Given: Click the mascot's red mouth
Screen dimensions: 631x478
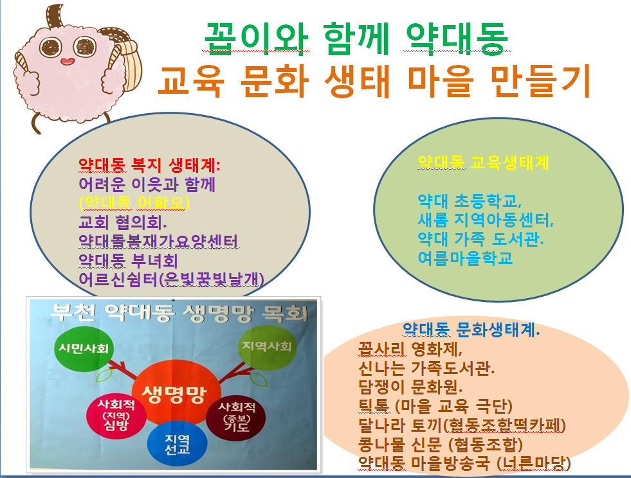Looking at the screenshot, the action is [x=67, y=61].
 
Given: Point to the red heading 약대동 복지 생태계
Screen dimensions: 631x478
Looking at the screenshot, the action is [x=149, y=165].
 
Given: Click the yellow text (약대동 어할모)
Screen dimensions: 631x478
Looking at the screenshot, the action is [x=134, y=203].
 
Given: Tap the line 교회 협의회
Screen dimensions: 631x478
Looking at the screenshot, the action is [x=122, y=222].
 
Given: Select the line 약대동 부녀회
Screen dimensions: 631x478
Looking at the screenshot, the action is [x=128, y=260].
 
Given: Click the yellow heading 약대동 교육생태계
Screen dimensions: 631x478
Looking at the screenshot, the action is [x=483, y=163].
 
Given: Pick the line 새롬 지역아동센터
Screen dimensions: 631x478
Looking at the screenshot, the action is [x=486, y=220].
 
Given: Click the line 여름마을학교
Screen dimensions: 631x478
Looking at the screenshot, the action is [x=465, y=258].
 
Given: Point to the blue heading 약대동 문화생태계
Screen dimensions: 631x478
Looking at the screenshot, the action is [x=471, y=330].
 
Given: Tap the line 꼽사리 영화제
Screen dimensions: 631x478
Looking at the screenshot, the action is [x=410, y=349].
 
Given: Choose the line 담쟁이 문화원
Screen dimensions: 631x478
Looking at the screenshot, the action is [x=410, y=387].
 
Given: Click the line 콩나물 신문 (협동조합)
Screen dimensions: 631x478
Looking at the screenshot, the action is [x=441, y=445].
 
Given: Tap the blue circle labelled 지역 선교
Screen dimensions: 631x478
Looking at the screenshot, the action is [x=177, y=444].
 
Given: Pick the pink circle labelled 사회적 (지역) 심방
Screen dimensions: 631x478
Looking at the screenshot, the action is [x=116, y=415].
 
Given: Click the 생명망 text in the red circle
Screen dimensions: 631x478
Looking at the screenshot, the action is [x=174, y=394].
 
